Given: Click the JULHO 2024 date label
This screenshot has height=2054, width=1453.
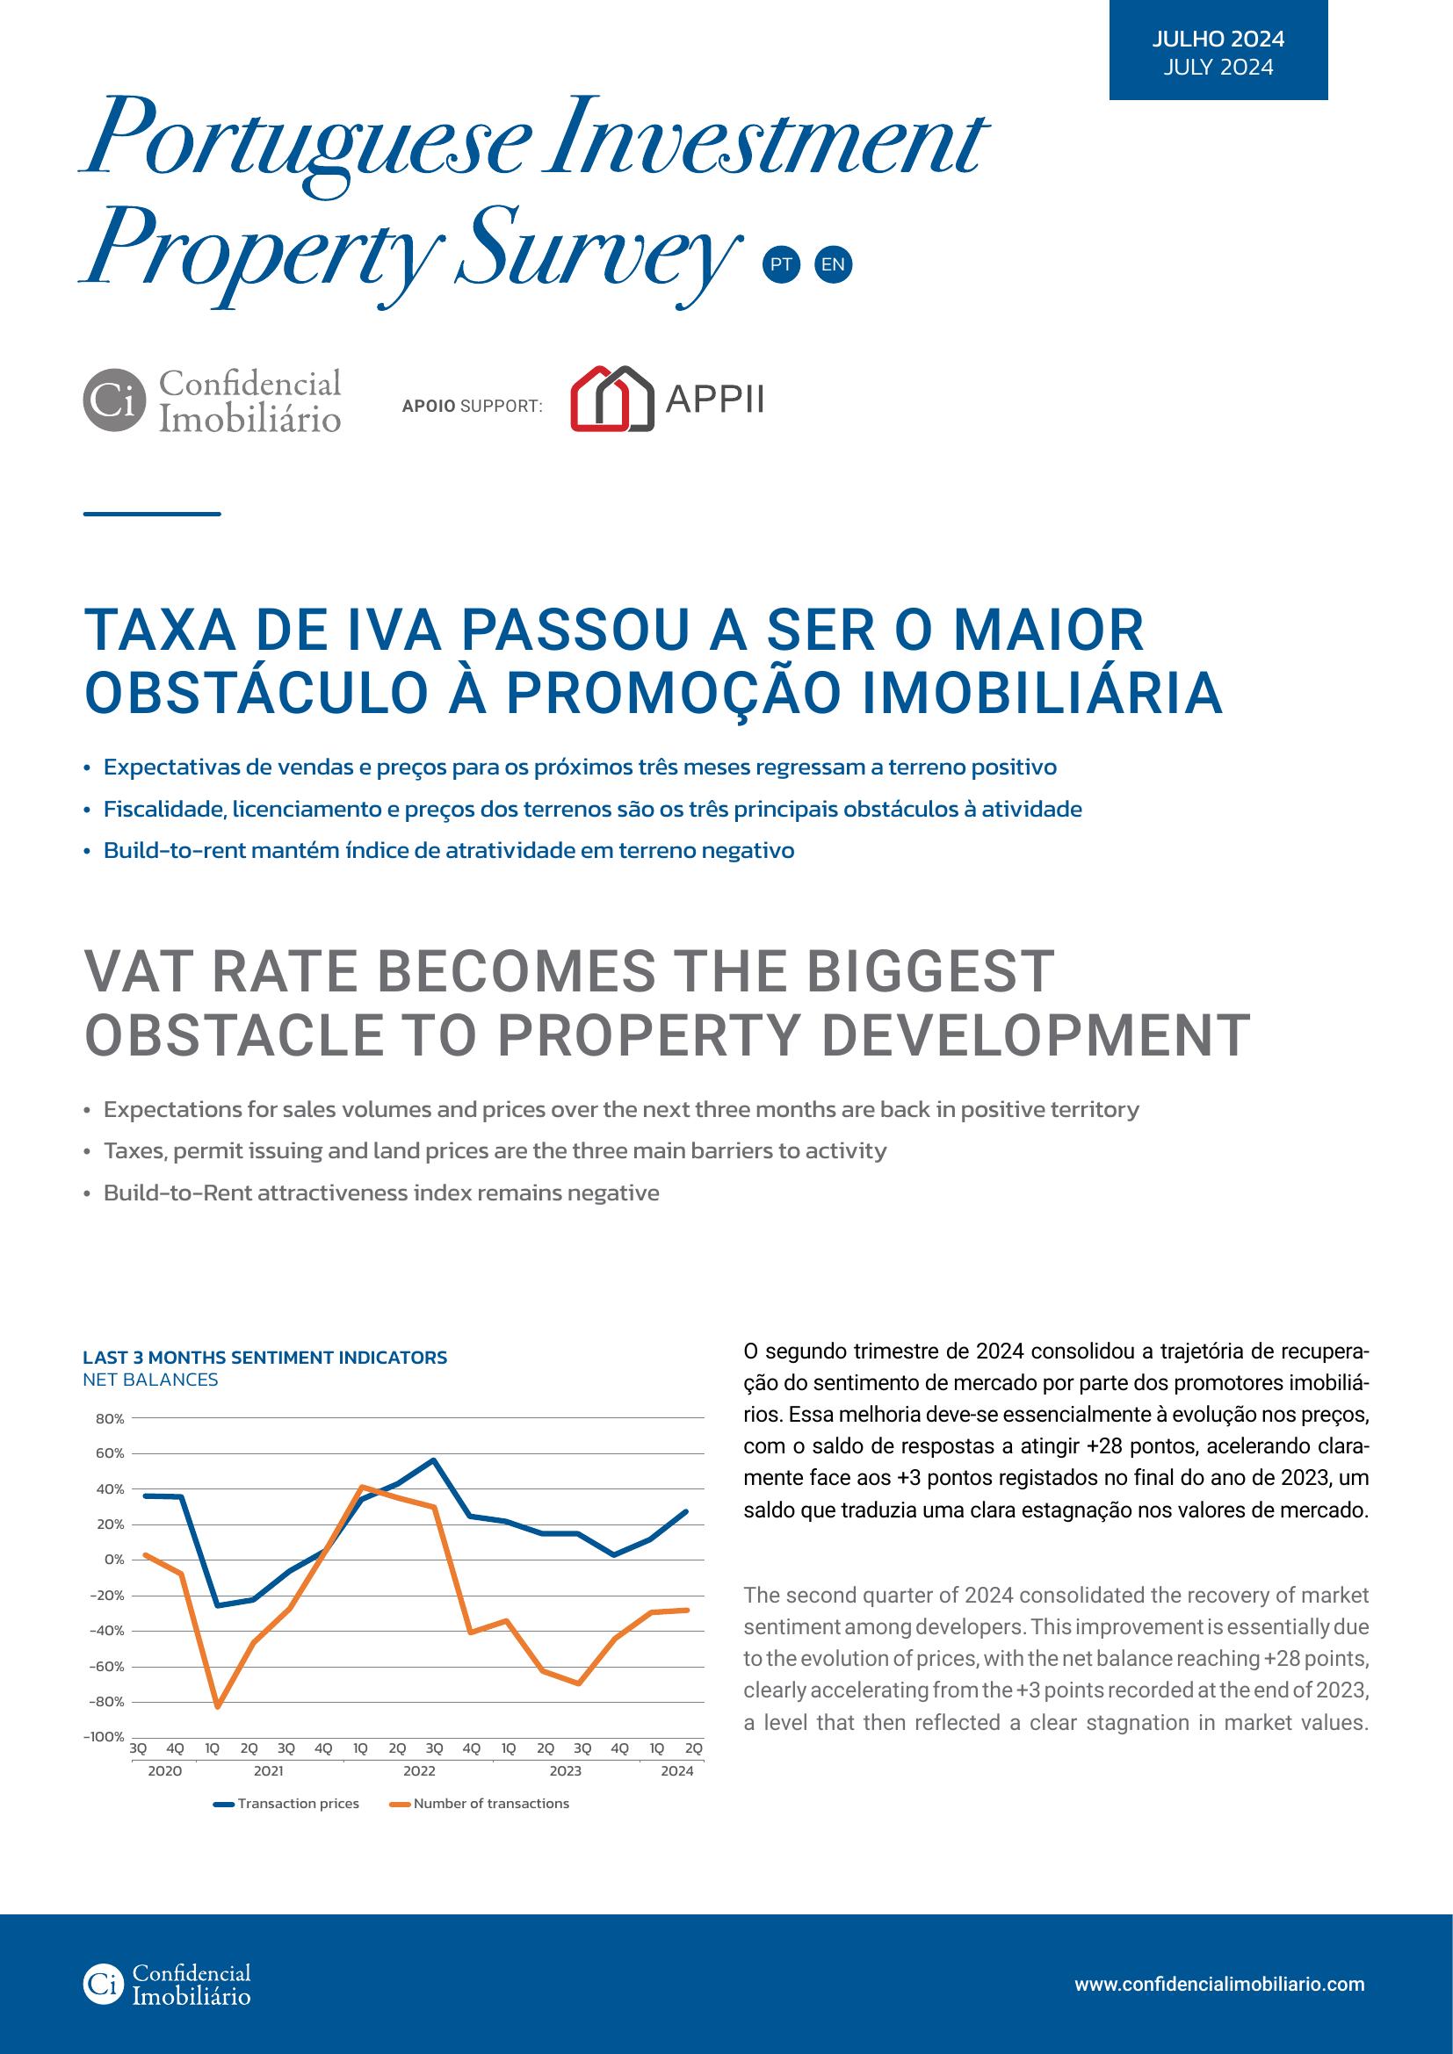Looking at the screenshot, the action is pos(1218,39).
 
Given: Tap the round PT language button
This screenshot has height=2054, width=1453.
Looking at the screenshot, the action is pos(780,265).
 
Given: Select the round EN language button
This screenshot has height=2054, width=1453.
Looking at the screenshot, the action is pos(833,265).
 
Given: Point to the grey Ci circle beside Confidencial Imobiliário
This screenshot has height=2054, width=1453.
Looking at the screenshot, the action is pos(113,400).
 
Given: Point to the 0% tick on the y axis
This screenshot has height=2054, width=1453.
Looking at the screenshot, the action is pos(114,1560).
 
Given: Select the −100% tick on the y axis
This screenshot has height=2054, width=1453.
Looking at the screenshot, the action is pos(104,1736).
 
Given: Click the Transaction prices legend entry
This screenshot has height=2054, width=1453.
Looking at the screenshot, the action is pos(286,1804).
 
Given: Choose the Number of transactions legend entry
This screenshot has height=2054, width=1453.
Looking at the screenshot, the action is pos(480,1804).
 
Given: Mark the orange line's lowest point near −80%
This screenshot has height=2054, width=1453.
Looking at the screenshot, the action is pos(216,1707).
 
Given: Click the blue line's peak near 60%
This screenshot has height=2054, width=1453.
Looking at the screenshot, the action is pos(434,1460).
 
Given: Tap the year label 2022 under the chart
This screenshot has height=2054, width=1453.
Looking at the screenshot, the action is pos(419,1771).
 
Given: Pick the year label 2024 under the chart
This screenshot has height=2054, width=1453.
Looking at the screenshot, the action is pos(677,1771).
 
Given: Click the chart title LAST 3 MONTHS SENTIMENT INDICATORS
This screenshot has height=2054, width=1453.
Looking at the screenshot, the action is pos(264,1357).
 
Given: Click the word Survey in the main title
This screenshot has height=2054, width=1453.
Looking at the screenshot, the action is pos(597,246).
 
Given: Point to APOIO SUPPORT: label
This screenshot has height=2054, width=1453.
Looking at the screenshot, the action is pos(473,407).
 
